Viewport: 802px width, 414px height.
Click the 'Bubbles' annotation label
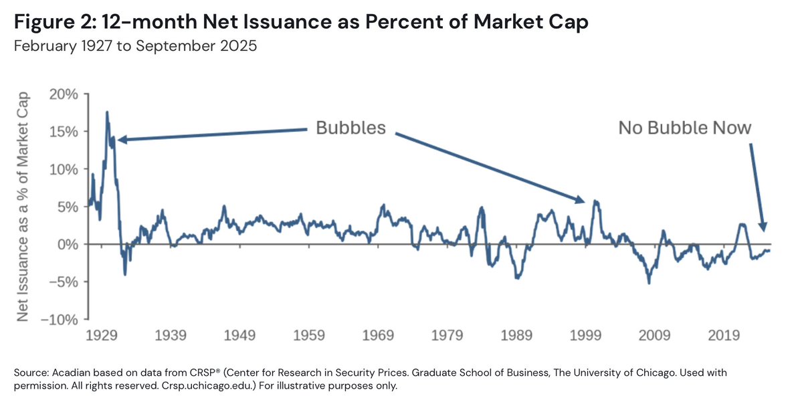pos(351,128)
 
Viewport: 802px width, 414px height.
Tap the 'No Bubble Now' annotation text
pos(684,128)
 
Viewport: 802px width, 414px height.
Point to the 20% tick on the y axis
pos(65,94)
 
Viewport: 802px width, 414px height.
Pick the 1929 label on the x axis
pos(102,334)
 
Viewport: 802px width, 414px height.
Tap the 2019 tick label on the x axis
pos(723,334)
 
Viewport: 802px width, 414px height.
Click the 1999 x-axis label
pos(587,334)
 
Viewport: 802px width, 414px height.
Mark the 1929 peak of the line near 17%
pos(107,112)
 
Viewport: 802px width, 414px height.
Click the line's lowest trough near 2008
pos(649,282)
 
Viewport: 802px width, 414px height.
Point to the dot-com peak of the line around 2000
pos(595,201)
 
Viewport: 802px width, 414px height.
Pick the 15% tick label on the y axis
pos(65,132)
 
